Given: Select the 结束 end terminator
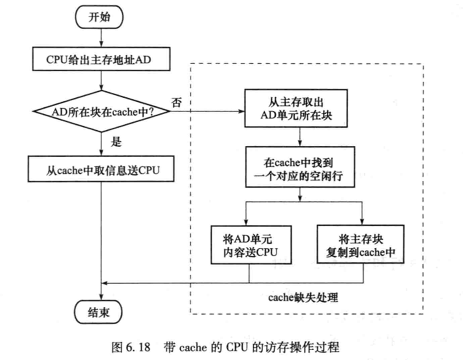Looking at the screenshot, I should pos(101,312).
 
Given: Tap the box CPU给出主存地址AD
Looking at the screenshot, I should pos(101,60).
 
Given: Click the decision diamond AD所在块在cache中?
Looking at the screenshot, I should pos(101,111).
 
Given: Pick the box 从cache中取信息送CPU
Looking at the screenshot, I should pos(101,171).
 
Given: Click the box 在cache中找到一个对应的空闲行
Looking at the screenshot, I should pos(299,167).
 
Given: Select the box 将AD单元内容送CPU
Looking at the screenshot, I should pos(249,245).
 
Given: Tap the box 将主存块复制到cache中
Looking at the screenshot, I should pos(362,245).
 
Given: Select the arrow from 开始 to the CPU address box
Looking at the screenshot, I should pos(101,37).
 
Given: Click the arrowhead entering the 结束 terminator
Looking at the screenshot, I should pos(101,298).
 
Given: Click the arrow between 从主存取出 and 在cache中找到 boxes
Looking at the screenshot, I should pos(299,137).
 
